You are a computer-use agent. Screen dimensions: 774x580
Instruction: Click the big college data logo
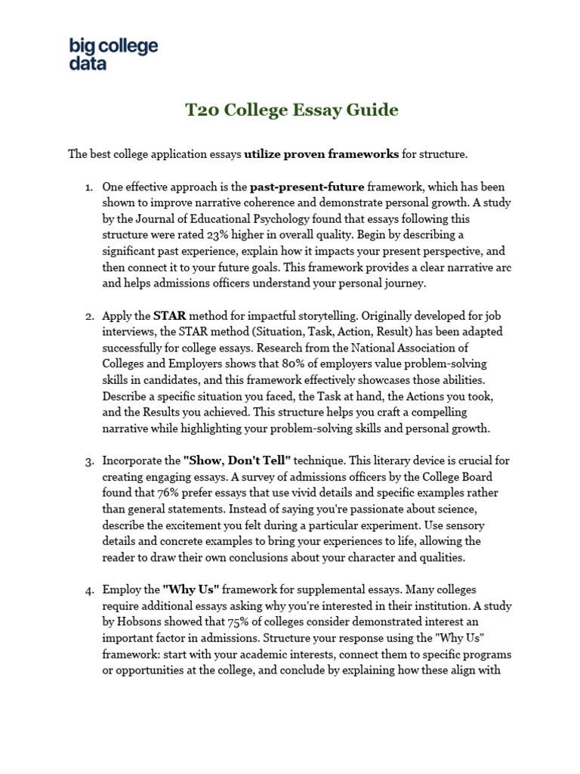coord(113,54)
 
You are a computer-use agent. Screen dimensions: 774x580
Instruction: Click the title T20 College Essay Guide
coord(292,110)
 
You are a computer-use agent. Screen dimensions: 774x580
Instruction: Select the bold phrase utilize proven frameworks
coord(321,154)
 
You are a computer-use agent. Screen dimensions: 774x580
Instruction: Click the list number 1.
coord(88,186)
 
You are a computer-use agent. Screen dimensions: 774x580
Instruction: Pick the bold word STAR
coord(169,315)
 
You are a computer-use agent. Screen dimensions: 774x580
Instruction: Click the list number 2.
coord(88,315)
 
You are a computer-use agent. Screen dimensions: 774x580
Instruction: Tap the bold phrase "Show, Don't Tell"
coord(236,460)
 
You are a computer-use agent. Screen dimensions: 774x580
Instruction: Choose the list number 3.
coord(88,460)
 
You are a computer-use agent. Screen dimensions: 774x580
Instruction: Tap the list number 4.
coord(88,590)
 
